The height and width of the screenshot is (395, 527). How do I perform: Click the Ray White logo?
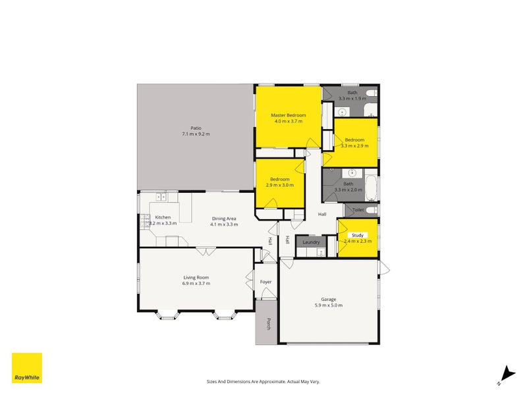[x=27, y=368]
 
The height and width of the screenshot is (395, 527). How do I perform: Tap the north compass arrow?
[x=507, y=375]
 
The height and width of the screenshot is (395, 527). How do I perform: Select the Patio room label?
[x=196, y=128]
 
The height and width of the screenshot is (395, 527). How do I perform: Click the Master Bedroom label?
[x=289, y=115]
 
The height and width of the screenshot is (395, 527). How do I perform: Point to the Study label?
[x=358, y=235]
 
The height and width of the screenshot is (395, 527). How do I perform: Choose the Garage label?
[x=328, y=300]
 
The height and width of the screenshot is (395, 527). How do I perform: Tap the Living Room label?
[x=196, y=277]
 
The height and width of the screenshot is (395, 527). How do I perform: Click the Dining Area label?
[x=224, y=219]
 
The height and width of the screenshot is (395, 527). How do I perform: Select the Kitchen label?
[x=163, y=217]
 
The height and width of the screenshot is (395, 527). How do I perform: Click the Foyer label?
[x=266, y=282]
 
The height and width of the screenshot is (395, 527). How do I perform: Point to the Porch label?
[x=269, y=324]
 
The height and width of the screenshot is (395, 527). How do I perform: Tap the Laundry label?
[x=311, y=242]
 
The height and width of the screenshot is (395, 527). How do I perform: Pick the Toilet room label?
[x=358, y=209]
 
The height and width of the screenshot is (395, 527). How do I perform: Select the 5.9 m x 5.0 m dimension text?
[x=329, y=305]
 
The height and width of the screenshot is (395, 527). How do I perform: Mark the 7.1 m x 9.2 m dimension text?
[x=196, y=134]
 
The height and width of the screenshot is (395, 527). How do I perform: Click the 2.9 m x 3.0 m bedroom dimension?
[x=279, y=185]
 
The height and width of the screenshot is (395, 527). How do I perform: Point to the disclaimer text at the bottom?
[x=263, y=382]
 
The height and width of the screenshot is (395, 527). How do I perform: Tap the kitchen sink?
[x=161, y=197]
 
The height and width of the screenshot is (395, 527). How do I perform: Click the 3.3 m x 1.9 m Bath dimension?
[x=352, y=98]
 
